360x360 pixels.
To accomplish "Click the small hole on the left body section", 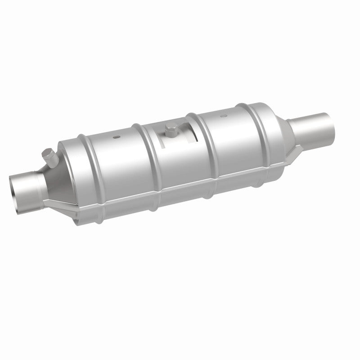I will pyautogui.click(x=116, y=136).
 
